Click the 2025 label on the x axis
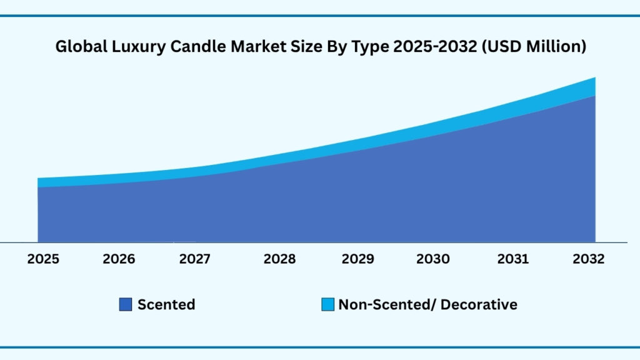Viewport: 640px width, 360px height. (x=44, y=259)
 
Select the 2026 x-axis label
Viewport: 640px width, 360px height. (x=119, y=259)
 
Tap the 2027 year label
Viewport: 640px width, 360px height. (x=194, y=259)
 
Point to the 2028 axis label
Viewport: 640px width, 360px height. (x=279, y=259)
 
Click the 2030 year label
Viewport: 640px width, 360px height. (x=432, y=259)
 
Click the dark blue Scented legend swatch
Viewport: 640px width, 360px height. (x=125, y=305)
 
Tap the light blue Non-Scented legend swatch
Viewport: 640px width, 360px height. (x=327, y=305)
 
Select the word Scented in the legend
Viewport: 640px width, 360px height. (x=166, y=305)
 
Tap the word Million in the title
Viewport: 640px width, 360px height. (x=556, y=47)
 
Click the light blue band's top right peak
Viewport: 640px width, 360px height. (x=594, y=79)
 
